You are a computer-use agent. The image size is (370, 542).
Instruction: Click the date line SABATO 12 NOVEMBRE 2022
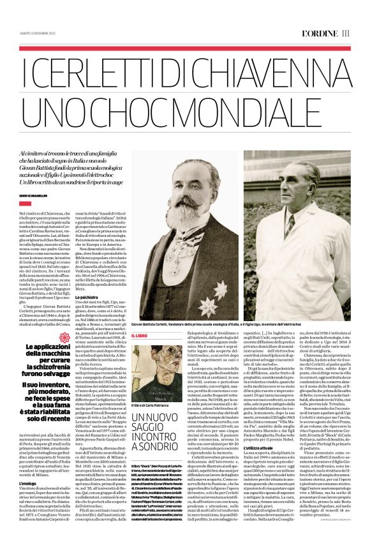38,33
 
